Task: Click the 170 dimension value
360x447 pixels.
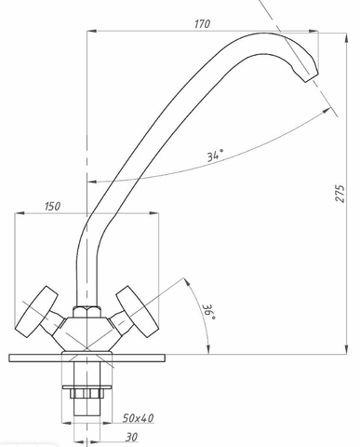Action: point(202,24)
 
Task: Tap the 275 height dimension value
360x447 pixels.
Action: point(340,194)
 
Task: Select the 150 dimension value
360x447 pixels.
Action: point(52,207)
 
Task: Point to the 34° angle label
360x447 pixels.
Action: point(215,155)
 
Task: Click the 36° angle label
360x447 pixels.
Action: point(209,312)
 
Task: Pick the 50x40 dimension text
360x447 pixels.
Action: point(138,418)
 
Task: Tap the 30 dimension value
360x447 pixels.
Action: point(132,438)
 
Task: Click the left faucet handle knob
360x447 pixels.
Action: point(36,312)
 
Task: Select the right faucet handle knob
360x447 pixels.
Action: point(135,312)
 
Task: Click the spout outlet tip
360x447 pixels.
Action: point(312,77)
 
